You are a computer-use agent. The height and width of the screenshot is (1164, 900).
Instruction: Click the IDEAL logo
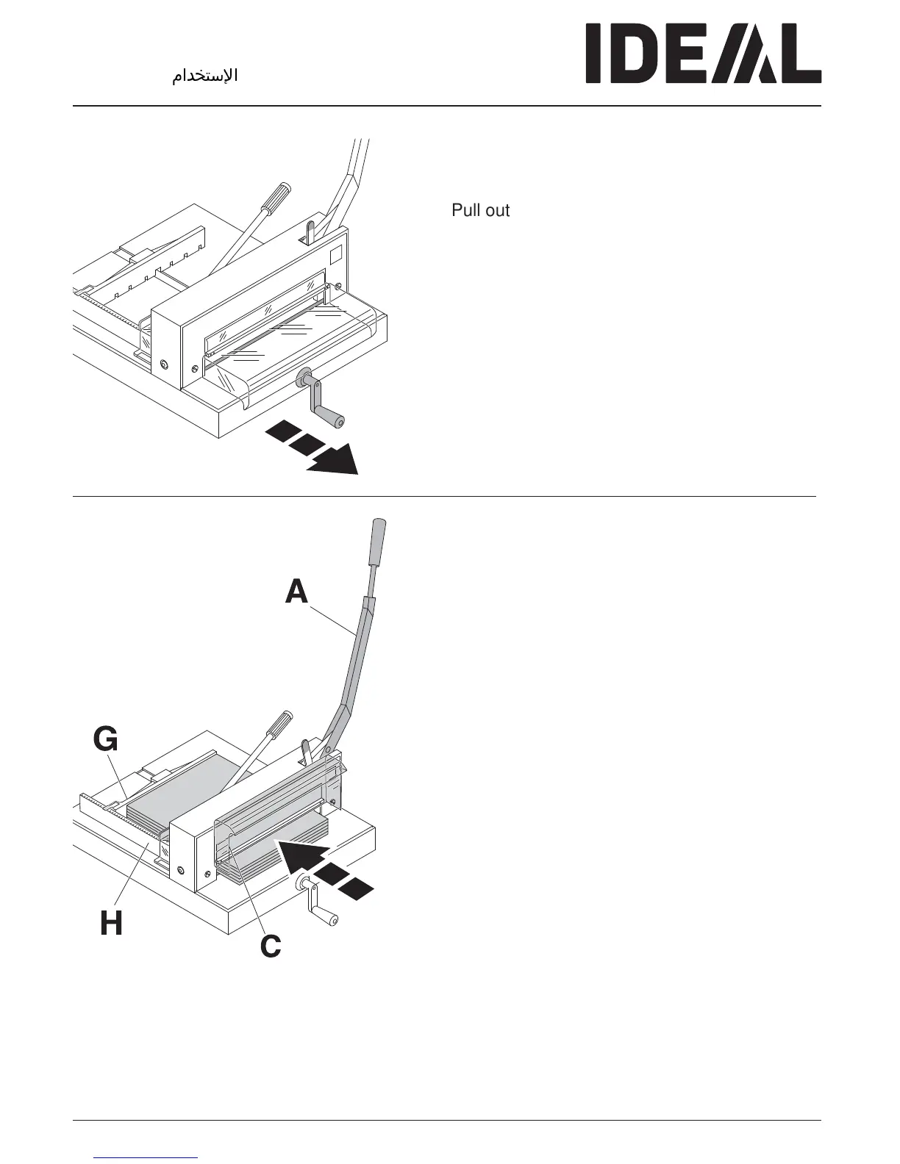[x=702, y=54]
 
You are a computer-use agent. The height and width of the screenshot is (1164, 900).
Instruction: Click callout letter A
[x=297, y=592]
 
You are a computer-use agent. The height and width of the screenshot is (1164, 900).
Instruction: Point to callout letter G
[x=105, y=740]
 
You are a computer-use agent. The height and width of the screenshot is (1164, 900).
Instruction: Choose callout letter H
[x=112, y=923]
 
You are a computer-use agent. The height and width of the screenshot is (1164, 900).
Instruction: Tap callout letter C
[x=271, y=946]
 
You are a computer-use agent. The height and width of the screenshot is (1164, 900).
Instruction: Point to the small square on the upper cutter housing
[x=336, y=255]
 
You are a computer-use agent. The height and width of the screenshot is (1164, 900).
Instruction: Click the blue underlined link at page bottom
[x=146, y=1157]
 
